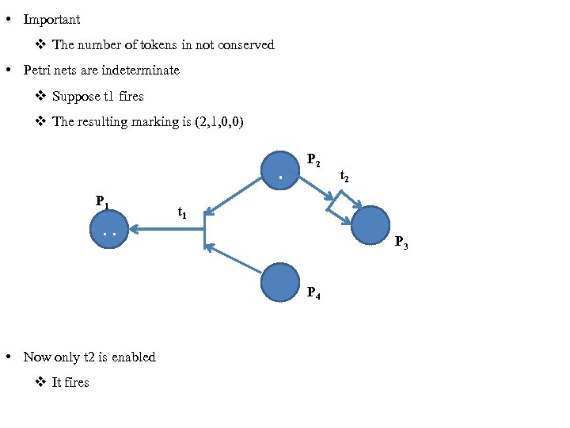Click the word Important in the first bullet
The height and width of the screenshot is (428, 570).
(x=51, y=19)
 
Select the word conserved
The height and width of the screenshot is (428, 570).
(x=245, y=45)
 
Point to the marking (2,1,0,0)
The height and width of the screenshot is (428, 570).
(x=219, y=122)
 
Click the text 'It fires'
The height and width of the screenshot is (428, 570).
(x=70, y=383)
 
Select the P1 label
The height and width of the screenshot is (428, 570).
(x=102, y=201)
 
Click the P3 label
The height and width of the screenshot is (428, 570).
(x=401, y=243)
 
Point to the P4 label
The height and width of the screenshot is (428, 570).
(x=313, y=294)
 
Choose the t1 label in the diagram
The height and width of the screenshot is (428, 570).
(x=182, y=212)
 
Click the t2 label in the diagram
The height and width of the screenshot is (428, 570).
(x=345, y=177)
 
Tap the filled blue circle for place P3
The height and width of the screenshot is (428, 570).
(x=370, y=226)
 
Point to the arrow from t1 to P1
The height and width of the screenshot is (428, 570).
(x=166, y=229)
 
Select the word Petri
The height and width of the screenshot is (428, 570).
(x=38, y=71)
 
